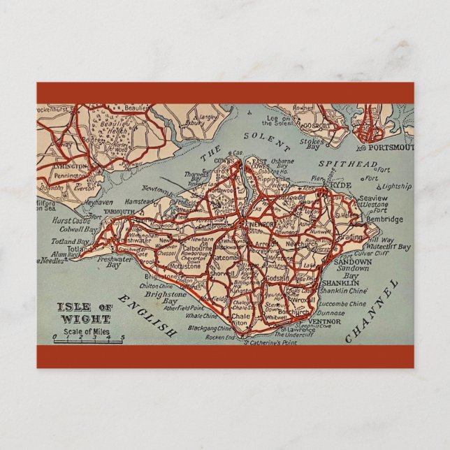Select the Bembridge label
click(385, 219)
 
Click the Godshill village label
click(278, 277)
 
